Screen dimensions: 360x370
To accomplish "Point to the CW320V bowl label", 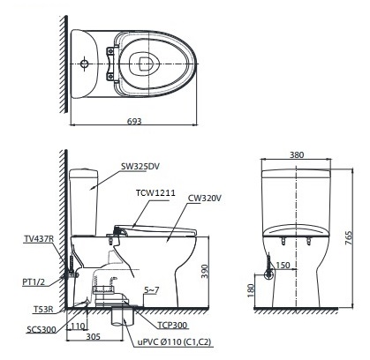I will point(203,199).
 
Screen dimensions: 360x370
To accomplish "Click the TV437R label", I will point(40,239).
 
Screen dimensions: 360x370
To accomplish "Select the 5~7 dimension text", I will point(153,289).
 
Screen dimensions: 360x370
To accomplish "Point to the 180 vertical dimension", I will point(253,289).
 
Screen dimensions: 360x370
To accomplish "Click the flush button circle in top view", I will point(83,64).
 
